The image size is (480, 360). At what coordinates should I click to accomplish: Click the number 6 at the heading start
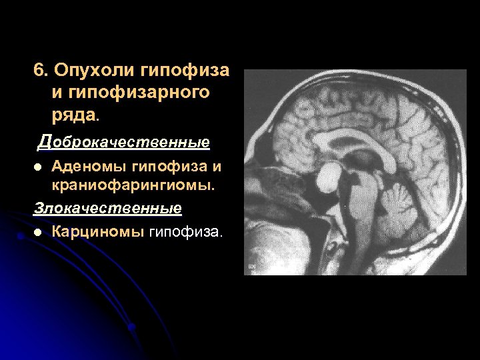(39, 70)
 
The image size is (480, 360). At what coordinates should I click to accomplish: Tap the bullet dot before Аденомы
(38, 166)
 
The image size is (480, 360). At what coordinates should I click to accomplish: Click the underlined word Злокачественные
(107, 208)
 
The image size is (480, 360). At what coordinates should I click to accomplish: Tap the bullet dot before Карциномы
(38, 233)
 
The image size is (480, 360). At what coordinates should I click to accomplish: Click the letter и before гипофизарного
(57, 93)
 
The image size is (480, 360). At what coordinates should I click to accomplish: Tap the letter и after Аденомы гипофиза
(216, 165)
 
